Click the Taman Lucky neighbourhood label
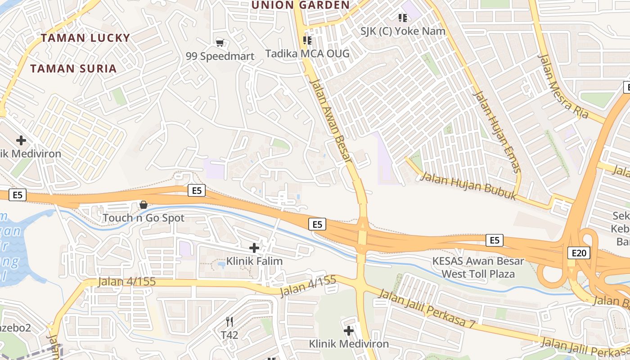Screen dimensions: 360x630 tap(85, 38)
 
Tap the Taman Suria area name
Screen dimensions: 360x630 tap(73, 69)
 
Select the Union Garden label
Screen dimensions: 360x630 tap(300, 5)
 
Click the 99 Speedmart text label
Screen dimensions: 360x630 tap(220, 56)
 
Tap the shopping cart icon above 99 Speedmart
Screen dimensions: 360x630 tap(220, 43)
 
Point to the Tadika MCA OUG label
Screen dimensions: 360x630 tap(307, 54)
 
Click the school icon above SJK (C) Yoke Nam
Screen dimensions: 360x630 tap(403, 18)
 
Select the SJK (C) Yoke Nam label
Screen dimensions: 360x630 tap(403, 31)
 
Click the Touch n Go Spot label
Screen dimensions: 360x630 tap(144, 218)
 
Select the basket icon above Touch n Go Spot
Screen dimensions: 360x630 tap(144, 205)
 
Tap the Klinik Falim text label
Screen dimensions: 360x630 tap(254, 261)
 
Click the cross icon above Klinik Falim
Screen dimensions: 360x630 tap(254, 247)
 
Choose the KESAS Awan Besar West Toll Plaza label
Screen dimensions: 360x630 tap(478, 267)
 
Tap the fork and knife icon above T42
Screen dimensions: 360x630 tap(229, 321)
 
